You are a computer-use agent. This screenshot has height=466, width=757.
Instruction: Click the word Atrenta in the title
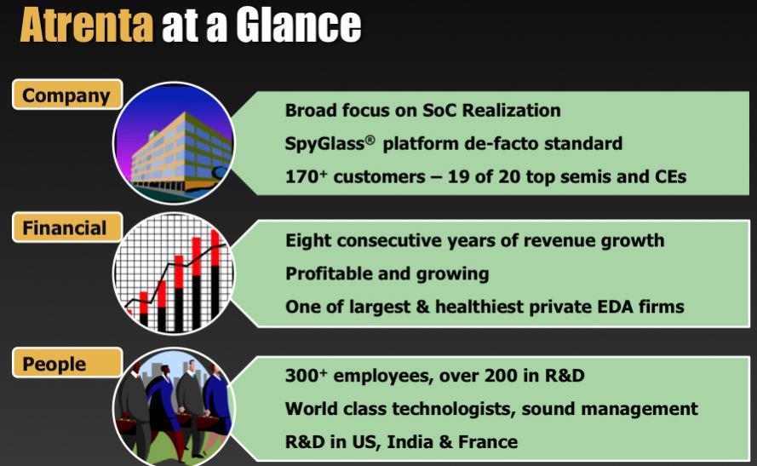[x=87, y=25]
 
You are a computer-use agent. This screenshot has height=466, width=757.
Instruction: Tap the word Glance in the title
[x=299, y=25]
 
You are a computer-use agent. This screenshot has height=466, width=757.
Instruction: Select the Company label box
[x=67, y=95]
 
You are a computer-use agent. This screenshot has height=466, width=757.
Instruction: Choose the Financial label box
[x=67, y=227]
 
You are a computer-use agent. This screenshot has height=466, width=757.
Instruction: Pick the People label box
[x=67, y=363]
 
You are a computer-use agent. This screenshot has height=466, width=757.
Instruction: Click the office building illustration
[x=174, y=143]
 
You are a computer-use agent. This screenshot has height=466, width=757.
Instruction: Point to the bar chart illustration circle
[x=174, y=273]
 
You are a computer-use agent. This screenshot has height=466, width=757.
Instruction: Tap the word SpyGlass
[x=324, y=144]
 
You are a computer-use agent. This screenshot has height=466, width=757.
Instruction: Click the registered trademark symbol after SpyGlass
[x=370, y=140]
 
